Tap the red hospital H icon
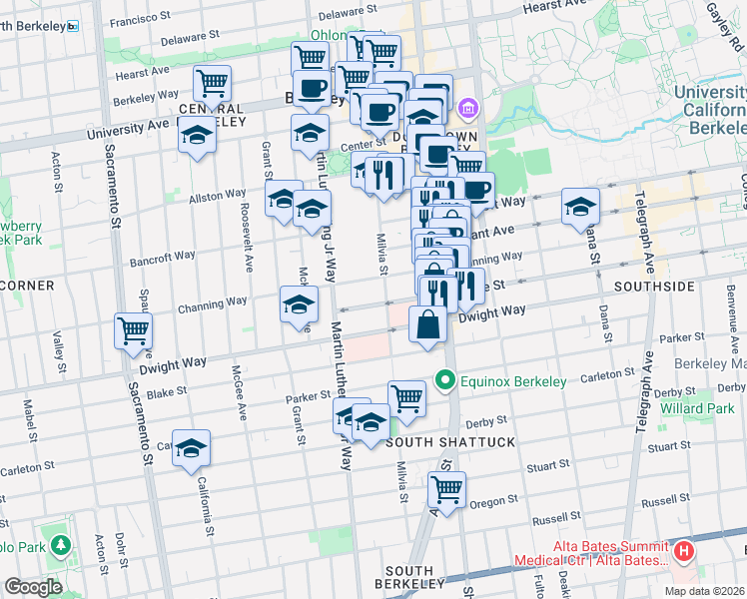[684, 550]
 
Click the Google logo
[33, 587]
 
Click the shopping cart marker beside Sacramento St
[133, 330]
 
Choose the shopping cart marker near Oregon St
[446, 489]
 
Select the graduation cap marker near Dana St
[580, 207]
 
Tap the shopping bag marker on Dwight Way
[427, 325]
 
